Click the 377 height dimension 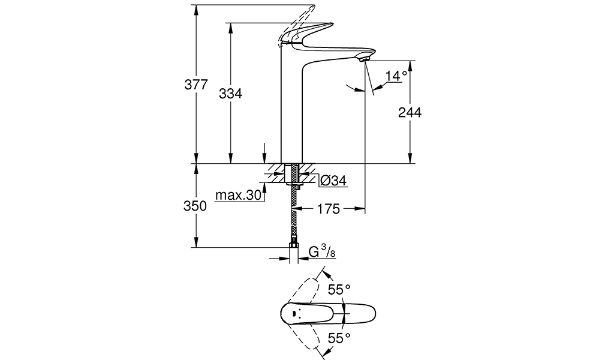click(196, 84)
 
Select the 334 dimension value click(230, 94)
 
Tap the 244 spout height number click(410, 113)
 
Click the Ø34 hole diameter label click(333, 181)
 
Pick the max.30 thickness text click(239, 195)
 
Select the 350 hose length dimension click(195, 206)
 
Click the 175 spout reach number click(329, 209)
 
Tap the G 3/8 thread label click(322, 252)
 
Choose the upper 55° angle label click(339, 289)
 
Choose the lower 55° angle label click(339, 338)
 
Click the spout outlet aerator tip click(365, 59)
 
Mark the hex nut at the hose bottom click(294, 246)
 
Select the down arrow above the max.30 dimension click(264, 153)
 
